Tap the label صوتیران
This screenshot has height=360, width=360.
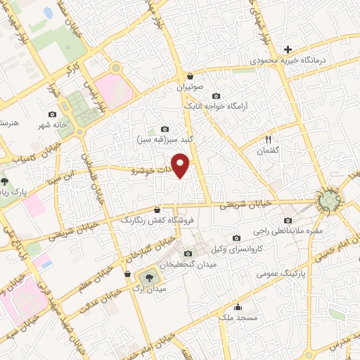[189, 89]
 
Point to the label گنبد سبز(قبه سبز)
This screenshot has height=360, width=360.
[165, 139]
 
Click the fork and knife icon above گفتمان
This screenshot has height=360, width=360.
[268, 139]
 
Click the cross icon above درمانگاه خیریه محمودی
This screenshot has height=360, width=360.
[288, 49]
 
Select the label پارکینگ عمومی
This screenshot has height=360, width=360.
[304, 272]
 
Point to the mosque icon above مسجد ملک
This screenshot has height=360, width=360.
[238, 307]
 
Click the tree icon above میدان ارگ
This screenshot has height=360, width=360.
[148, 276]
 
